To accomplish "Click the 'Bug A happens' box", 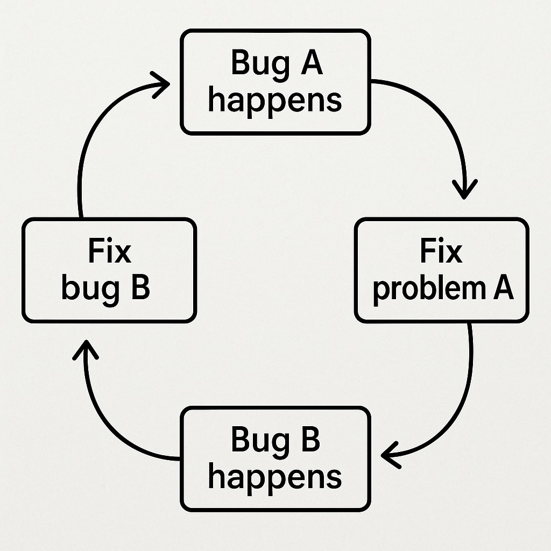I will pos(275,82).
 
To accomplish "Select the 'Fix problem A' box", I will pos(441,270).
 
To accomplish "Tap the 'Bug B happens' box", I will pos(275,459).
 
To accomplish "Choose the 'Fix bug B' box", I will pos(109,270).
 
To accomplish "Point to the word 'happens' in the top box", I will pos(275,101).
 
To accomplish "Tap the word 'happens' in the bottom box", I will pos(275,478).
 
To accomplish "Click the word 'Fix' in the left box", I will pos(109,252).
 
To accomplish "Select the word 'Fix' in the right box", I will pos(441,252).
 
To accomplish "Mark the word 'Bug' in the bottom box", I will pos(254,440).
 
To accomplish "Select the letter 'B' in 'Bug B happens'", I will pos(308,440).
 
